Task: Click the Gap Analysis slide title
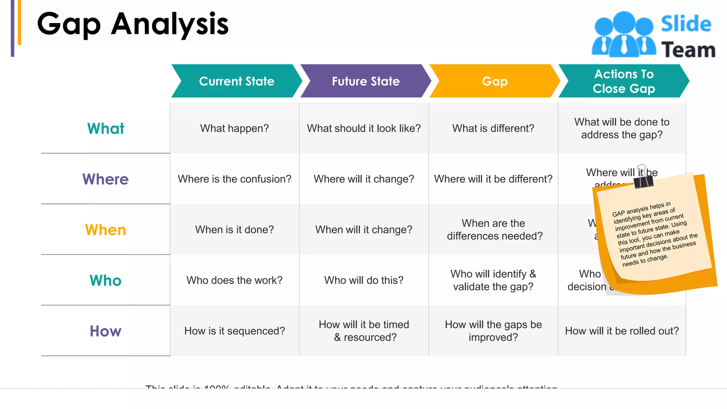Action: click(133, 24)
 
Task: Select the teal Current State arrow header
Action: click(236, 81)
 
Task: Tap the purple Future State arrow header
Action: click(366, 81)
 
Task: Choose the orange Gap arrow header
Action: click(495, 81)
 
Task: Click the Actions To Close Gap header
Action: click(624, 81)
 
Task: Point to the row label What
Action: click(105, 129)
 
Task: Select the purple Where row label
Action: click(105, 179)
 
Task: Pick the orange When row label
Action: click(105, 230)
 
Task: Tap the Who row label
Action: click(105, 280)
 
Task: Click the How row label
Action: click(105, 331)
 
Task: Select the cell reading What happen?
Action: click(234, 128)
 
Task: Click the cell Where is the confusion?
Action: click(234, 179)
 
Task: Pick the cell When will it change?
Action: click(364, 230)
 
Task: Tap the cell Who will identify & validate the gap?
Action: click(493, 280)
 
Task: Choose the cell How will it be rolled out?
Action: click(622, 331)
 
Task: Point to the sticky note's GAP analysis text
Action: click(654, 234)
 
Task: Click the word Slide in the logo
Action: click(686, 24)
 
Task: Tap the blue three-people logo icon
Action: click(623, 35)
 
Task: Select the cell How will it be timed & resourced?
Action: click(364, 331)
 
